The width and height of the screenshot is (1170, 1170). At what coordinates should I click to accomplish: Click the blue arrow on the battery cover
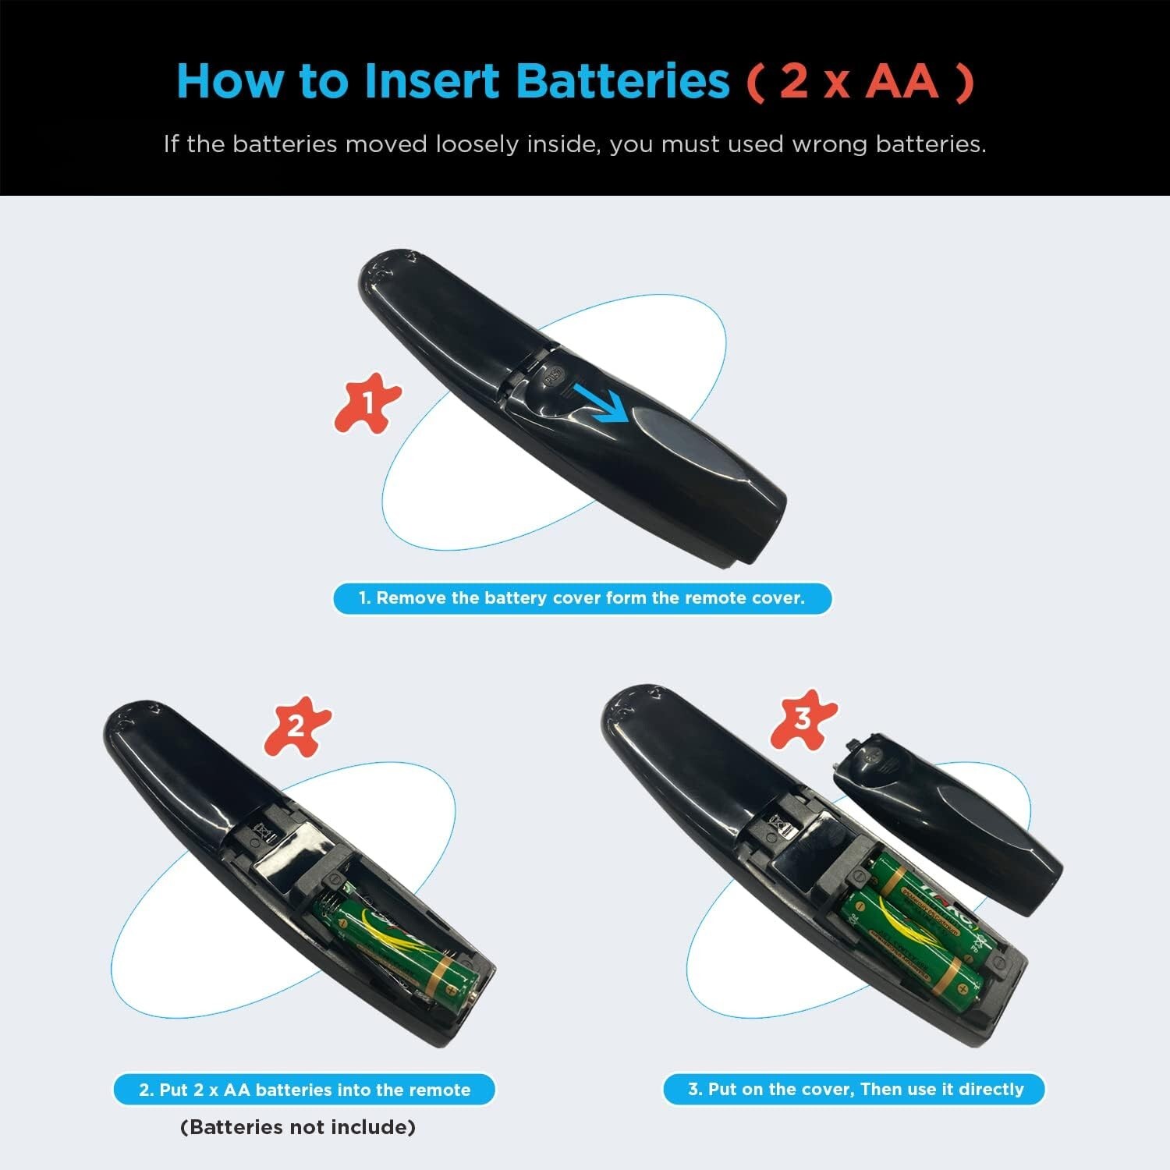point(600,399)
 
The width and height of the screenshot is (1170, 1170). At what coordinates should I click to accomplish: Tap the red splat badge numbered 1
point(367,403)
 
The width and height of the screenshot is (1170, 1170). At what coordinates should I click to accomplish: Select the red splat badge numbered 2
point(297,727)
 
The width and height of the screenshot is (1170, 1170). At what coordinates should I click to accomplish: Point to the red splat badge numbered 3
point(803,719)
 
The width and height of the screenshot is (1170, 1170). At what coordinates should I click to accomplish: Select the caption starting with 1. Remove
point(582,598)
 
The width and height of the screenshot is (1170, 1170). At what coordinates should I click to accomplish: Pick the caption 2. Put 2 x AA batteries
point(305,1090)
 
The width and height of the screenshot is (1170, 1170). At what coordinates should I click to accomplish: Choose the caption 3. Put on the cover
point(855,1089)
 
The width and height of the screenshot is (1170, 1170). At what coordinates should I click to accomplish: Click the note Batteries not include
point(298,1127)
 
